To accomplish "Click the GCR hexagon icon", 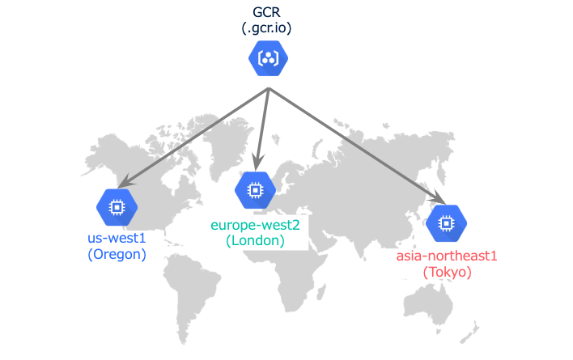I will pos(269,58).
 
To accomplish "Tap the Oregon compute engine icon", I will pos(117,208).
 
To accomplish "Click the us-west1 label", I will pos(117,239).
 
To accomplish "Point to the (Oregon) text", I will pos(117,254).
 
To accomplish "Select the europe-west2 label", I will pos(256,225).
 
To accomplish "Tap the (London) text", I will pos(256,240).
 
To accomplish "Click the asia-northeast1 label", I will pos(447,256).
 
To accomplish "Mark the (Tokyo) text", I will pos(447,273).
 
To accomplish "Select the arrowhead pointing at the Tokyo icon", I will pos(439,201).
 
